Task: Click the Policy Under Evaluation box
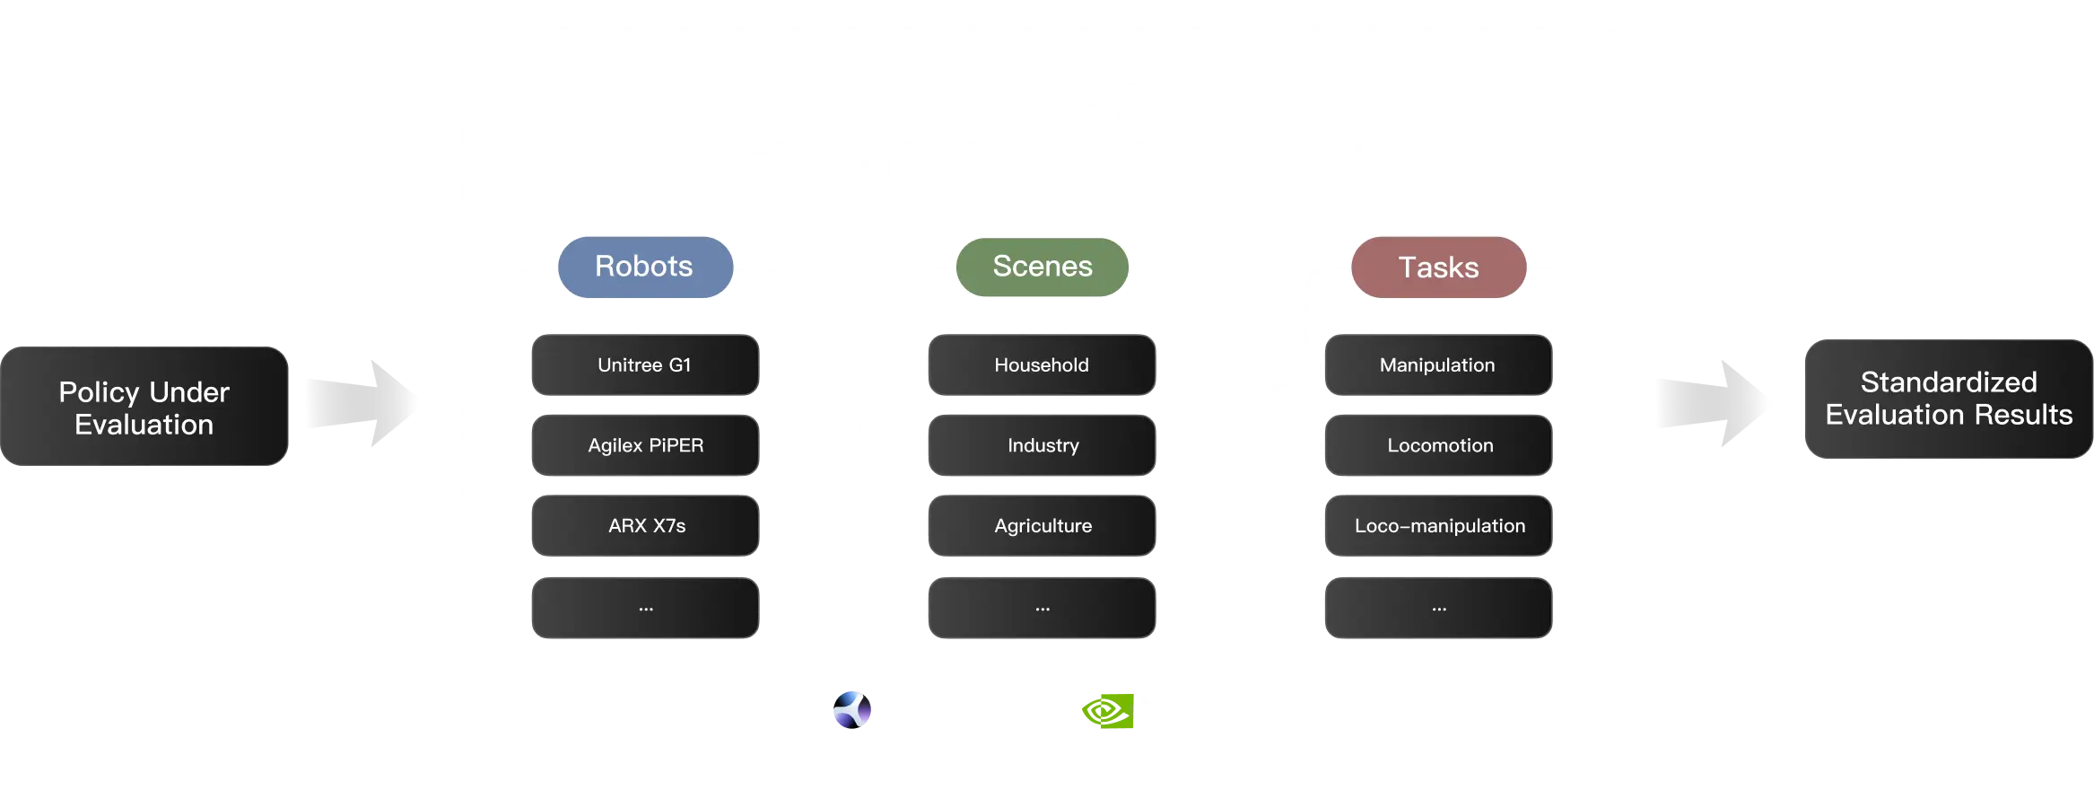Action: (x=144, y=407)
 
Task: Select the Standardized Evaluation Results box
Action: (x=1948, y=399)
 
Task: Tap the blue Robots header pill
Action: (x=644, y=267)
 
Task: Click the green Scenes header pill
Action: (x=1043, y=267)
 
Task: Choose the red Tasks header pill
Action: (x=1438, y=268)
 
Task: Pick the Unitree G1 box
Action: (x=645, y=365)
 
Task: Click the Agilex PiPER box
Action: (x=645, y=445)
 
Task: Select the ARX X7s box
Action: (x=645, y=526)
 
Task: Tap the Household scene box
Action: (x=1042, y=365)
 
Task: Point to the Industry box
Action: (x=1042, y=445)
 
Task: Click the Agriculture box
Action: (x=1042, y=526)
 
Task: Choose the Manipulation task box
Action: (x=1438, y=365)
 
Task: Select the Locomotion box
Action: (x=1438, y=445)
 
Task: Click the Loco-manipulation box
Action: (x=1438, y=526)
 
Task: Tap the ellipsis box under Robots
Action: (x=645, y=608)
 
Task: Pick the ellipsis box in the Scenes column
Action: (x=1042, y=608)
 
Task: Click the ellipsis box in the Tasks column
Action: (x=1438, y=608)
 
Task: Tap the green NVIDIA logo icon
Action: (x=1107, y=712)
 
